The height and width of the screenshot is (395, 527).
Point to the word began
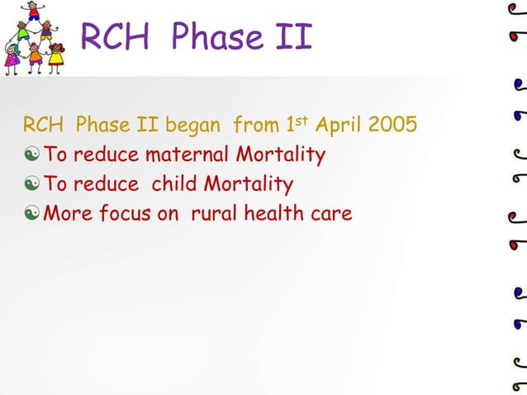(x=193, y=126)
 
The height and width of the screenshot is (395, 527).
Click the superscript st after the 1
(x=304, y=121)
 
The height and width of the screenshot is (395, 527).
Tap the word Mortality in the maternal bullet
(x=280, y=155)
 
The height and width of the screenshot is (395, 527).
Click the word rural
(x=216, y=213)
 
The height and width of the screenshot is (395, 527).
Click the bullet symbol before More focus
(x=32, y=214)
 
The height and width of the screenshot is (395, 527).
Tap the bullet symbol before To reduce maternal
(x=32, y=155)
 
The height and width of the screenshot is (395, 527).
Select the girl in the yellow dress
(x=56, y=58)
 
